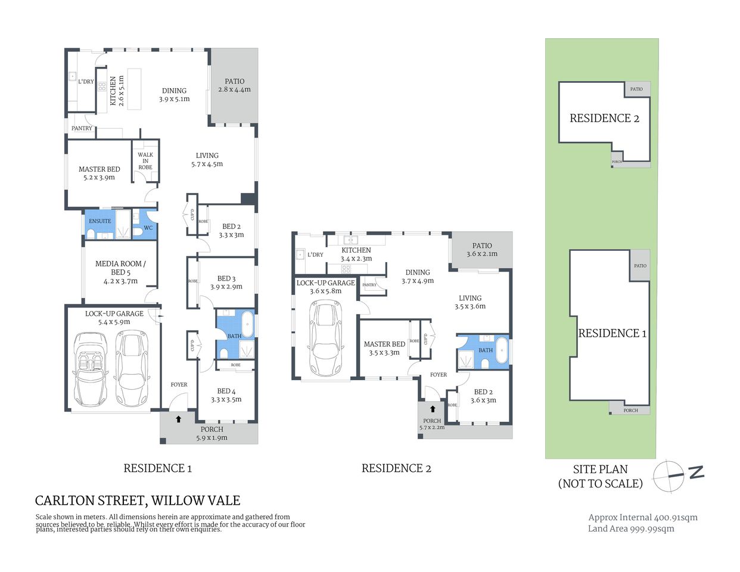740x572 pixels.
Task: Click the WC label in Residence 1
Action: point(148,228)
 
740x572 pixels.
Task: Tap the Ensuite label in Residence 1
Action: point(100,221)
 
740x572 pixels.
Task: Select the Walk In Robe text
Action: point(145,161)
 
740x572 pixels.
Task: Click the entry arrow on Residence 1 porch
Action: point(178,419)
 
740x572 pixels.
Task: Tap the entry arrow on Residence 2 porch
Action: point(432,409)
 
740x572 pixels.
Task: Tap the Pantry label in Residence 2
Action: point(369,285)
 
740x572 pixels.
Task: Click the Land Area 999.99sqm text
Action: point(631,529)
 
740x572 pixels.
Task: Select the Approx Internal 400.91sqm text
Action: point(642,517)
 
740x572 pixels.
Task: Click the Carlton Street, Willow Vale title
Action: point(138,500)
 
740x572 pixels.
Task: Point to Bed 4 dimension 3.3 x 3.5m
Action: point(226,400)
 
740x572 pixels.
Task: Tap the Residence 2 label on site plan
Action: point(604,118)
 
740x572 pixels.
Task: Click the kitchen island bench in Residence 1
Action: point(135,89)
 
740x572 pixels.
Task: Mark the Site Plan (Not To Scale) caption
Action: point(600,477)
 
